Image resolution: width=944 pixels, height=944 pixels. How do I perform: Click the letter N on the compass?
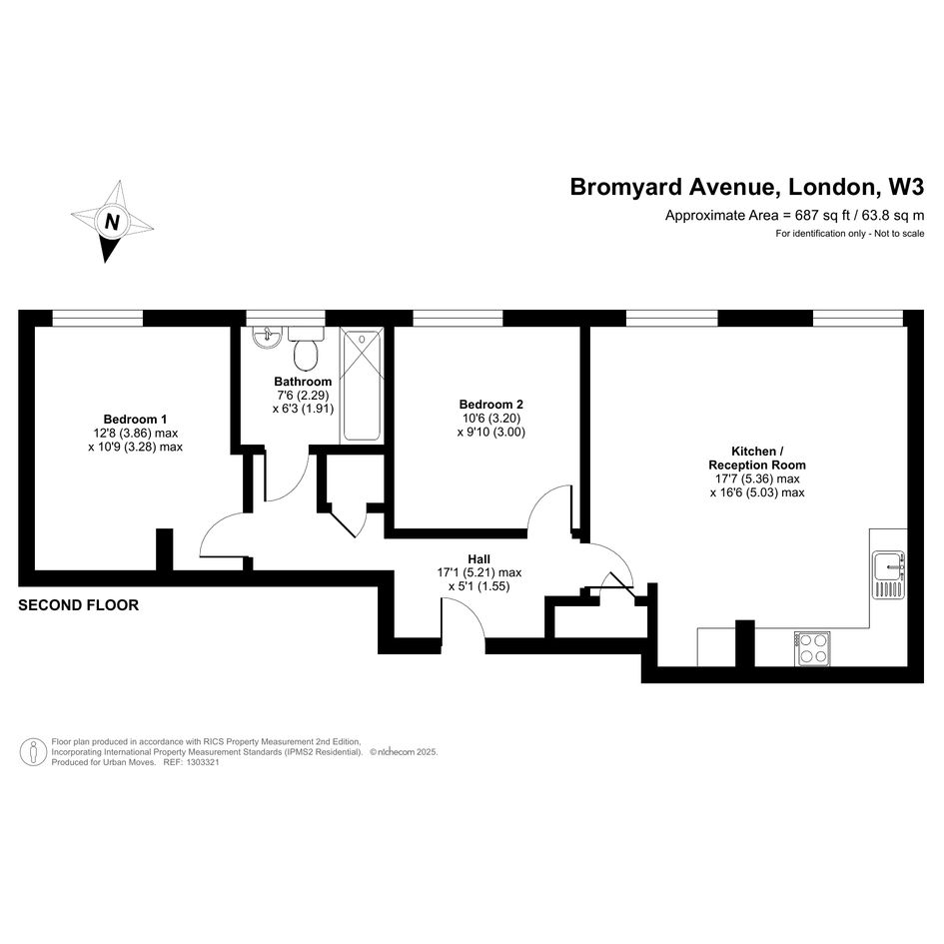[x=112, y=222]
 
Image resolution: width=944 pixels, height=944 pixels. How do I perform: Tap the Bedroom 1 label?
[x=135, y=419]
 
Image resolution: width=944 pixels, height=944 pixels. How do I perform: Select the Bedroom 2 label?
[x=490, y=404]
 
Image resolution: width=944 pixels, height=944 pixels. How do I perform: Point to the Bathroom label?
[x=303, y=381]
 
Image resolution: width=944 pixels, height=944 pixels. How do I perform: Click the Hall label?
[x=479, y=558]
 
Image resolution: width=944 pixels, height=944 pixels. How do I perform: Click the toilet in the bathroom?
[x=306, y=350]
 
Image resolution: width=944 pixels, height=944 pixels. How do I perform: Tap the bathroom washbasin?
[x=267, y=337]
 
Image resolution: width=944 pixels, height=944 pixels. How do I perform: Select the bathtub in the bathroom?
[x=362, y=386]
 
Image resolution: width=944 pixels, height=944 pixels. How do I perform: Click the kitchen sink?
[x=889, y=575]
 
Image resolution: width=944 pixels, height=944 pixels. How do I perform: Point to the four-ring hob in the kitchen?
[x=812, y=648]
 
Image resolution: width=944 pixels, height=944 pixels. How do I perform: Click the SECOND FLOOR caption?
[x=78, y=605]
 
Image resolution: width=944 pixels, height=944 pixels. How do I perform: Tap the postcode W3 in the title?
[x=906, y=187]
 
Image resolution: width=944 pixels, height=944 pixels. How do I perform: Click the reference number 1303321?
[x=204, y=762]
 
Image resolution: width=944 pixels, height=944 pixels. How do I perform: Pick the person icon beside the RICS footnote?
[x=34, y=752]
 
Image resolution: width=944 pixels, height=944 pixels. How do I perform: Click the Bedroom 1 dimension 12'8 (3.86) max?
[x=136, y=433]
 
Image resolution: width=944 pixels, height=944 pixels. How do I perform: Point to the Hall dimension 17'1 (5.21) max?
[x=479, y=572]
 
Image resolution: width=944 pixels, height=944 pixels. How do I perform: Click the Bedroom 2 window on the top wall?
[x=458, y=318]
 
